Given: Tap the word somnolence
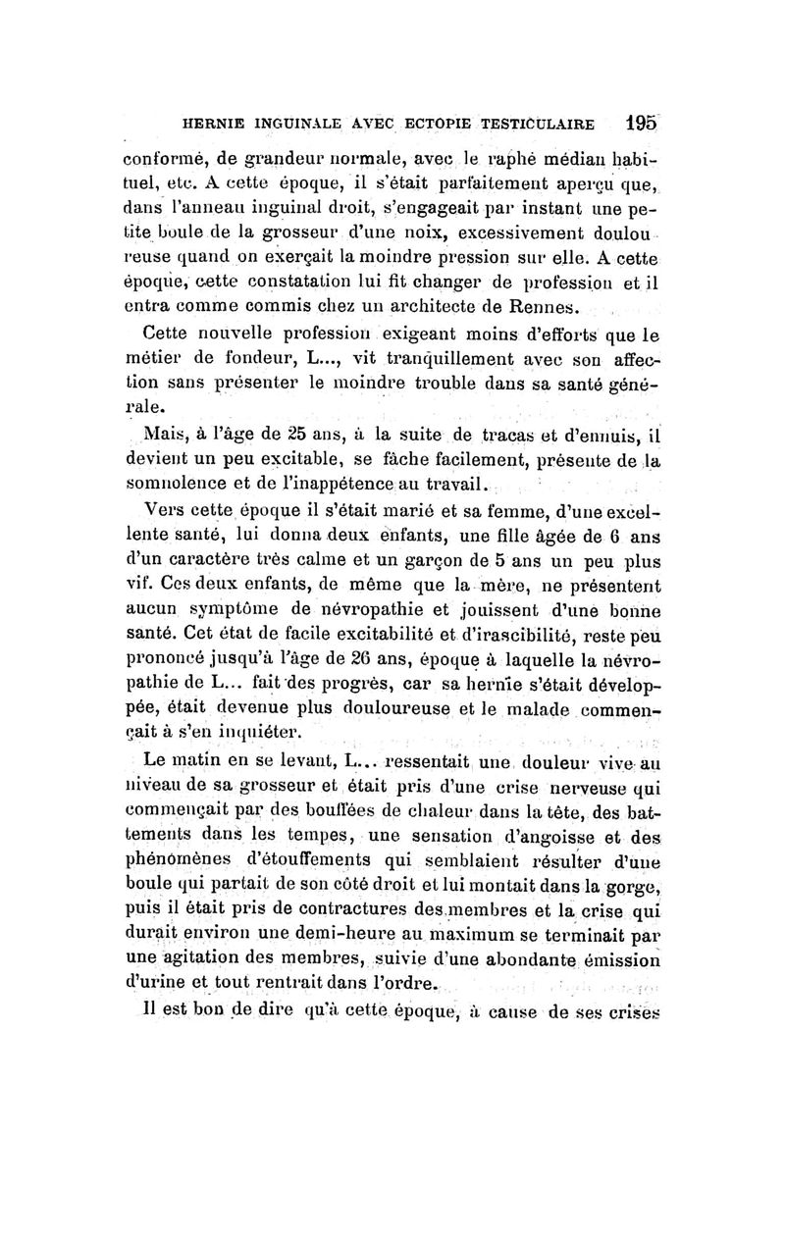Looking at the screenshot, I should [181, 483].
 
